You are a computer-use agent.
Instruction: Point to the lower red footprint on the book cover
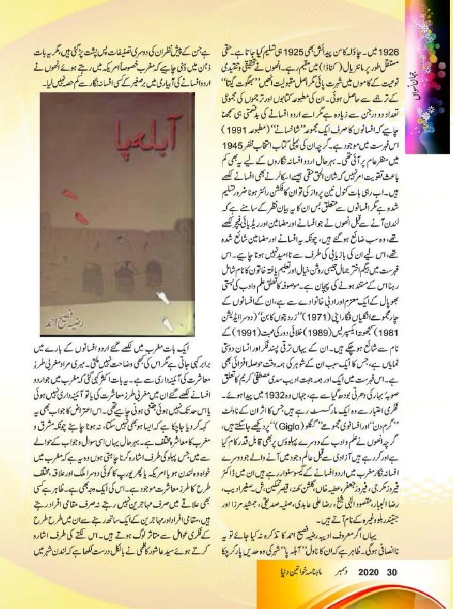point(81,218)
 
